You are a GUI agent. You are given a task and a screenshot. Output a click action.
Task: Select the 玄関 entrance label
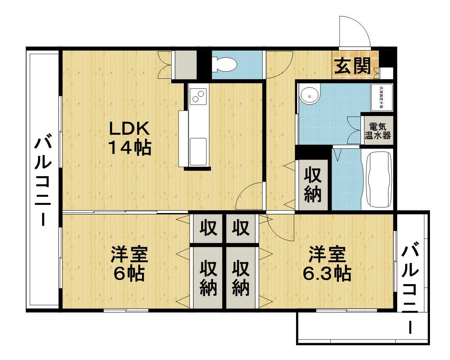coord(353,66)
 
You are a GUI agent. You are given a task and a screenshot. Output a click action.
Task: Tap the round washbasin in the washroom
coord(310,94)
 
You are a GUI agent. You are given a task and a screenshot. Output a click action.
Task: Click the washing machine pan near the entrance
coord(382,97)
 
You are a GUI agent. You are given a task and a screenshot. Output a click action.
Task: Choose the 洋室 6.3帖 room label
coord(327,264)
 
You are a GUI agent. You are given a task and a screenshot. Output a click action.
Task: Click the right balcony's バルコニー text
coord(411,290)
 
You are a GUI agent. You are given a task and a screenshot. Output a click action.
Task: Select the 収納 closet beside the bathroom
coord(313,185)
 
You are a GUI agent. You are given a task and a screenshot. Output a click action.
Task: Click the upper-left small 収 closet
coord(207,228)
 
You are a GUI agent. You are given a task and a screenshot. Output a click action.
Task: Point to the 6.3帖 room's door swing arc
coord(281,229)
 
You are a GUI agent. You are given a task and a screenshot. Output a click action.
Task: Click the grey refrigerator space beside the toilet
coord(186,65)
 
